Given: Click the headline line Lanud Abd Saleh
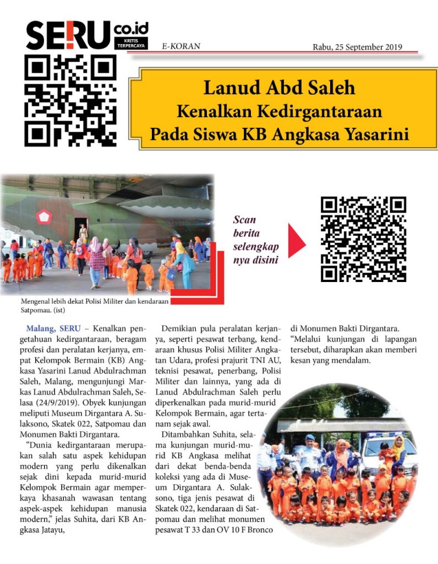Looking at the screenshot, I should tap(280, 88).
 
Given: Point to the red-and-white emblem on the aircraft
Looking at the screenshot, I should tap(44, 216).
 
